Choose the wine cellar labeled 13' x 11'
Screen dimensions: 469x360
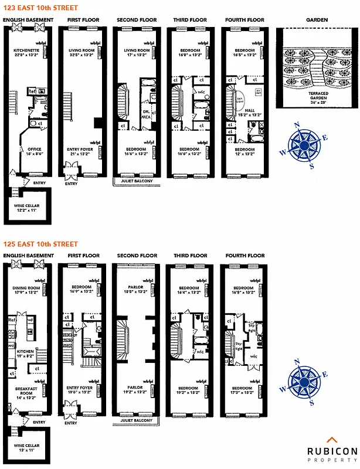(x=26, y=448)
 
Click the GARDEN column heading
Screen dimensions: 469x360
(x=317, y=20)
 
